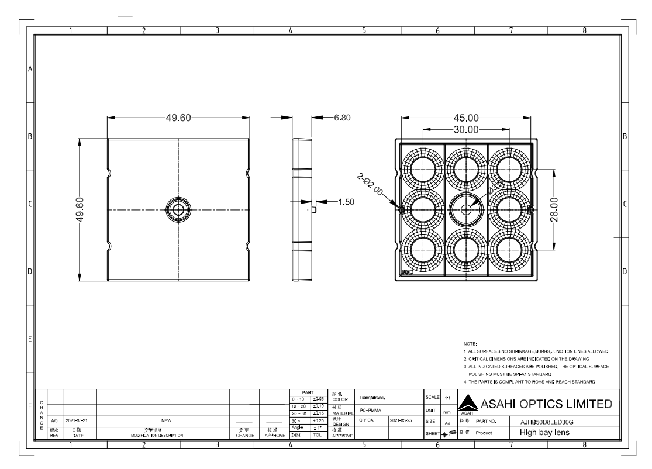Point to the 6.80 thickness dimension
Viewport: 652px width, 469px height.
pyautogui.click(x=341, y=118)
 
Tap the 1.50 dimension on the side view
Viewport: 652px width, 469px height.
pyautogui.click(x=347, y=202)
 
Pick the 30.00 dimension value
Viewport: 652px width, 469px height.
pyautogui.click(x=465, y=129)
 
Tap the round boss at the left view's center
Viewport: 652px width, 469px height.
pyautogui.click(x=178, y=209)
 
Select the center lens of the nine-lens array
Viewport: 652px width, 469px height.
pyautogui.click(x=465, y=209)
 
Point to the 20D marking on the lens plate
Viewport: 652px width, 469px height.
pyautogui.click(x=406, y=273)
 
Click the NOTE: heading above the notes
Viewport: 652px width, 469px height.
pyautogui.click(x=470, y=343)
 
